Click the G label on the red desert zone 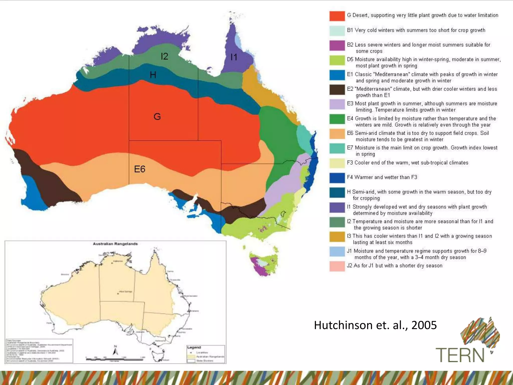pyautogui.click(x=157, y=117)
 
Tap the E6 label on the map pyautogui.click(x=140, y=169)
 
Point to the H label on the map pyautogui.click(x=153, y=75)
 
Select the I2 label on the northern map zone pyautogui.click(x=164, y=56)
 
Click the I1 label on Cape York pyautogui.click(x=234, y=57)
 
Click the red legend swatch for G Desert pyautogui.click(x=337, y=16)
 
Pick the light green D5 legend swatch pyautogui.click(x=337, y=60)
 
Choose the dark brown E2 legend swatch pyautogui.click(x=337, y=90)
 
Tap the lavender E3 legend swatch pyautogui.click(x=337, y=104)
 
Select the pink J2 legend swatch pyautogui.click(x=337, y=266)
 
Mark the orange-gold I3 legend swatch pyautogui.click(x=337, y=237)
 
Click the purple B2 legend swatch pyautogui.click(x=337, y=45)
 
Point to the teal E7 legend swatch pyautogui.click(x=337, y=148)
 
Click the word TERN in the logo pyautogui.click(x=460, y=355)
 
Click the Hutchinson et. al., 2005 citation pyautogui.click(x=375, y=325)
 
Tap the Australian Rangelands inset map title pyautogui.click(x=115, y=244)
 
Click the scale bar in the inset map pyautogui.click(x=115, y=359)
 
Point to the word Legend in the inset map pyautogui.click(x=194, y=347)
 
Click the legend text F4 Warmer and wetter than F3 pyautogui.click(x=382, y=177)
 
